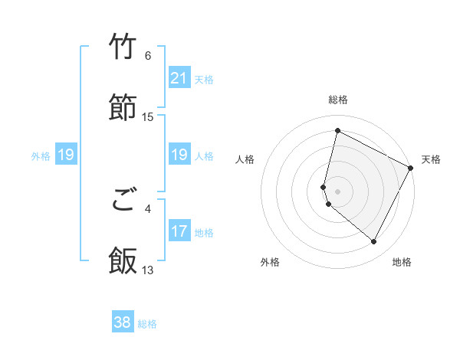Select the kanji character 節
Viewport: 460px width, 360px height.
(123, 107)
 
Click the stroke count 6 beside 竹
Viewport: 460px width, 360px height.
(148, 56)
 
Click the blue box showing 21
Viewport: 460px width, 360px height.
(179, 78)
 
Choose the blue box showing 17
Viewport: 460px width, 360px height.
(179, 231)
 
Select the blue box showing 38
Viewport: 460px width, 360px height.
(123, 322)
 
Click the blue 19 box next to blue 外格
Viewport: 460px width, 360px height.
(65, 155)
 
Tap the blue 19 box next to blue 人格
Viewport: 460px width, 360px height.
(179, 155)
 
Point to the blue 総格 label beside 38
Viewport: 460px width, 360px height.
(147, 324)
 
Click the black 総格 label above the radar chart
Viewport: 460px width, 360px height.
(337, 100)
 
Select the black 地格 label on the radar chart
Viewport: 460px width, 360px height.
(402, 262)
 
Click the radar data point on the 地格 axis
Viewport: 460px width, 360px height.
(374, 242)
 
